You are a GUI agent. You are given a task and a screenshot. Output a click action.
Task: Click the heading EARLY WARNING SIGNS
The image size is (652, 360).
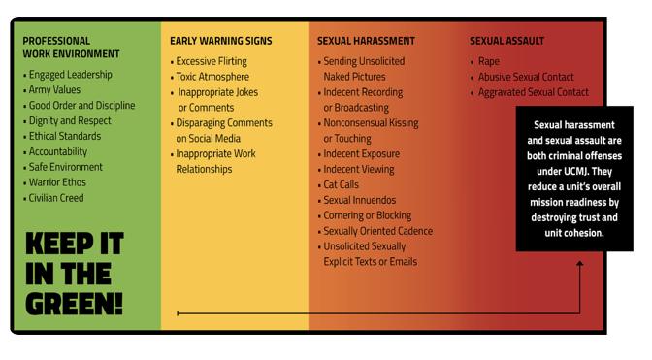(x=221, y=41)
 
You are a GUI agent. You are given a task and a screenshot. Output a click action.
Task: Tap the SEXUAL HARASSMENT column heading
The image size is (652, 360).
(x=366, y=41)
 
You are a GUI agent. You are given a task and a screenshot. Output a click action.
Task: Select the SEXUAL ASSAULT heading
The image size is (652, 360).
(x=506, y=41)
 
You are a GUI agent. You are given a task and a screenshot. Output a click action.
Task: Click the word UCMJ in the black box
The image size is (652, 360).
(x=575, y=172)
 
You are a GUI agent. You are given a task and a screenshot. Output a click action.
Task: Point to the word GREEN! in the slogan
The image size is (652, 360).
(x=74, y=304)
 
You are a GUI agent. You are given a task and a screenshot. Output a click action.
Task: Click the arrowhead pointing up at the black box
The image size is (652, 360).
(x=579, y=263)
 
